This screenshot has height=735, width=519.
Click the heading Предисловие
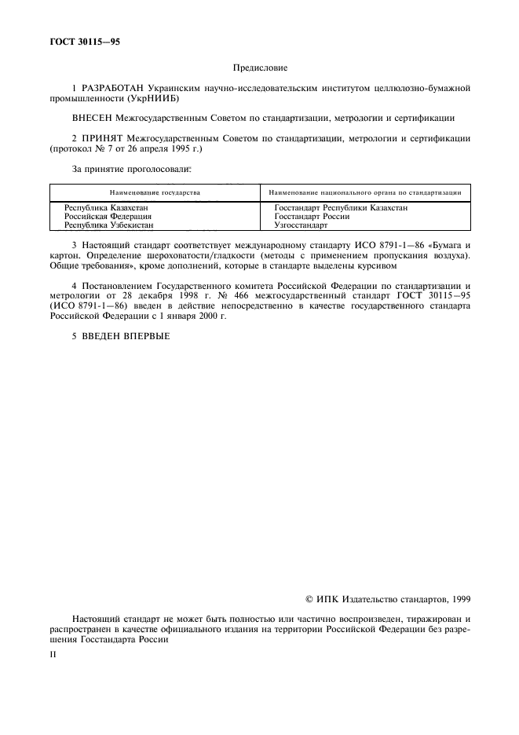pyautogui.click(x=260, y=69)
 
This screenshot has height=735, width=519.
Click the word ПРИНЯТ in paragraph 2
pyautogui.click(x=102, y=137)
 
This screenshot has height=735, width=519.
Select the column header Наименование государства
pyautogui.click(x=155, y=192)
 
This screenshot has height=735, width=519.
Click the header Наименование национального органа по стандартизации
pyautogui.click(x=364, y=192)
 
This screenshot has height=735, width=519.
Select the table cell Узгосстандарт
pyautogui.click(x=301, y=225)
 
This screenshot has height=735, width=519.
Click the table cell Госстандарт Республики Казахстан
pyautogui.click(x=341, y=207)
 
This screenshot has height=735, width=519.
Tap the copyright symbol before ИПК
pyautogui.click(x=309, y=599)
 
